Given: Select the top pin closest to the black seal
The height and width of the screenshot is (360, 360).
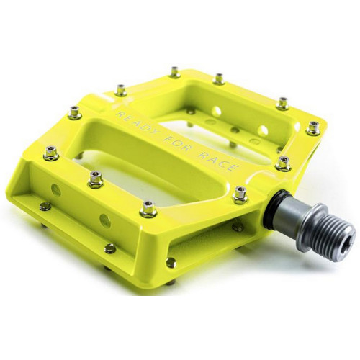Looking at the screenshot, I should coord(240,193).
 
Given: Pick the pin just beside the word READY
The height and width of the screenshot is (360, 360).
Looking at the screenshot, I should coord(120,90).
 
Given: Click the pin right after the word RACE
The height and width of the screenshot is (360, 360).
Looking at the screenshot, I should coord(283,163).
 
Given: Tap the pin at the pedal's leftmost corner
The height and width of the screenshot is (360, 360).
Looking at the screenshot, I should coord(50,152).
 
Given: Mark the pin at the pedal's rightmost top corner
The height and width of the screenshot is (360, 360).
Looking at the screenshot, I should coord(313,128).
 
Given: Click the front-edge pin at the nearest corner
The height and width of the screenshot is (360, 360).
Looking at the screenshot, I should coord(148,208).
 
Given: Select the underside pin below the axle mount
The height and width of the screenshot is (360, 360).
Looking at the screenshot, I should coord(238,226).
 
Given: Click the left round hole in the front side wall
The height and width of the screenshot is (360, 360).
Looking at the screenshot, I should coord(55,190).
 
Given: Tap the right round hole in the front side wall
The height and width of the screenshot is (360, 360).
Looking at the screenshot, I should coord(105,220).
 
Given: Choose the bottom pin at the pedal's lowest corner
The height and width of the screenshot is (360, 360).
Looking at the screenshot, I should coord(171,263).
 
